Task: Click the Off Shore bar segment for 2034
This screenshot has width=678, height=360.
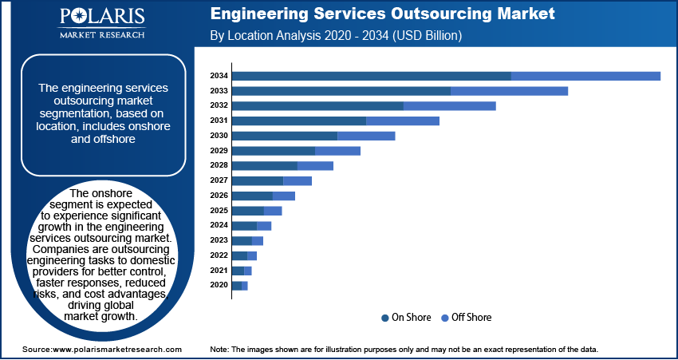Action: [x=585, y=76]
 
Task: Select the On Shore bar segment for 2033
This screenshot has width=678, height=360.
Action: [x=341, y=91]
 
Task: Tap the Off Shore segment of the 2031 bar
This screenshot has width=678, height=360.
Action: [x=403, y=121]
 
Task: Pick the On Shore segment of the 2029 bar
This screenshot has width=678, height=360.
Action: [x=274, y=151]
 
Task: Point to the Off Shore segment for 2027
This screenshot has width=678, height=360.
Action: [x=298, y=181]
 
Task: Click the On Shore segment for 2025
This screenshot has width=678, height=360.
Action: [x=247, y=211]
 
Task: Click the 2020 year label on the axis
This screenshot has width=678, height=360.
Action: [x=219, y=285]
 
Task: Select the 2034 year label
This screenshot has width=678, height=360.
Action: [x=219, y=76]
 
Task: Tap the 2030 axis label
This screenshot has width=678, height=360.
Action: [x=219, y=136]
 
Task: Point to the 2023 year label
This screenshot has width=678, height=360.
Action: [x=219, y=240]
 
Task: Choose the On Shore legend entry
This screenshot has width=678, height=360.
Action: [x=408, y=318]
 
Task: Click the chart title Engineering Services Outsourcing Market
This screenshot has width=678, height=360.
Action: [x=383, y=14]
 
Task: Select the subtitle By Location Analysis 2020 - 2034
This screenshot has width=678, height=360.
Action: [x=335, y=36]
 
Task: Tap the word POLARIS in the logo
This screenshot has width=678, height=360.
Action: [x=101, y=17]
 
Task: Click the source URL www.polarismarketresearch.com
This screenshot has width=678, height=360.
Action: [x=116, y=350]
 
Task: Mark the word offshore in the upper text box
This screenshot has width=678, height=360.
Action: [x=113, y=139]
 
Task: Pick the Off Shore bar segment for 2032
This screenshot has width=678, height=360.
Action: [x=450, y=105]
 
